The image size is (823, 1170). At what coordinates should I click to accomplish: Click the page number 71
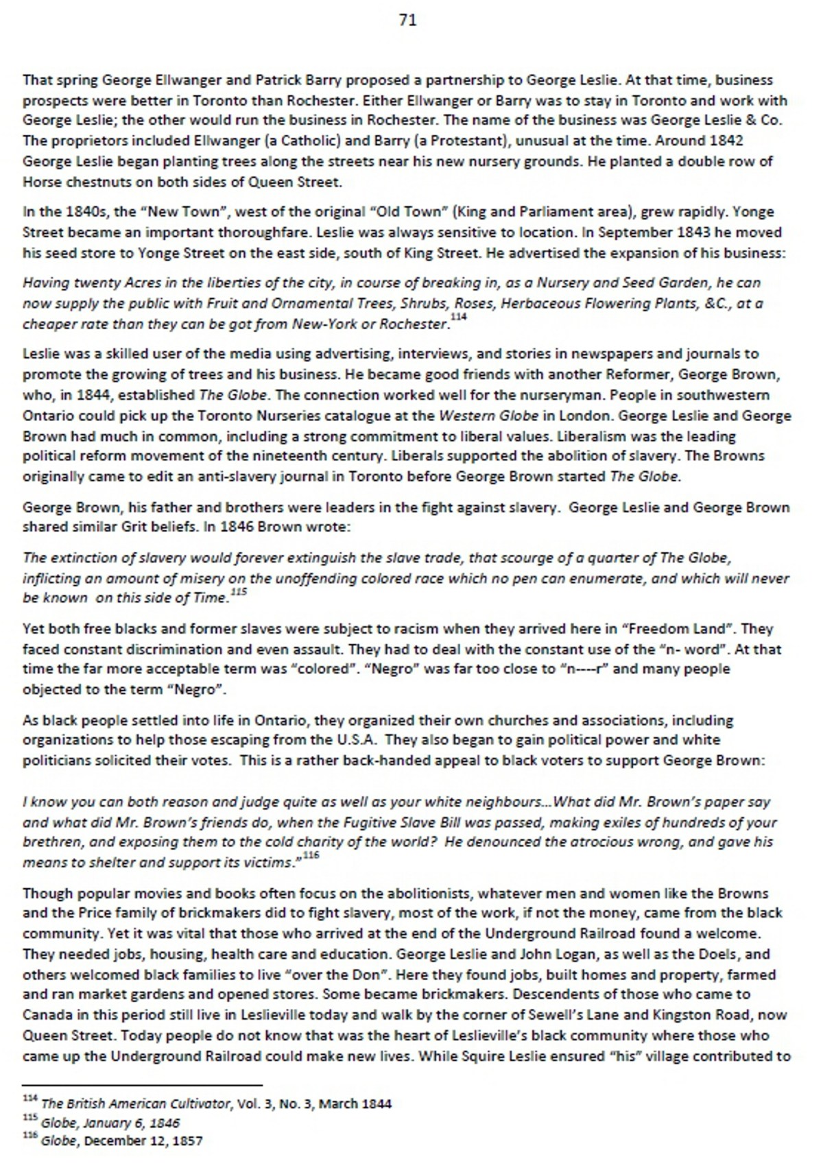tap(407, 21)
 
